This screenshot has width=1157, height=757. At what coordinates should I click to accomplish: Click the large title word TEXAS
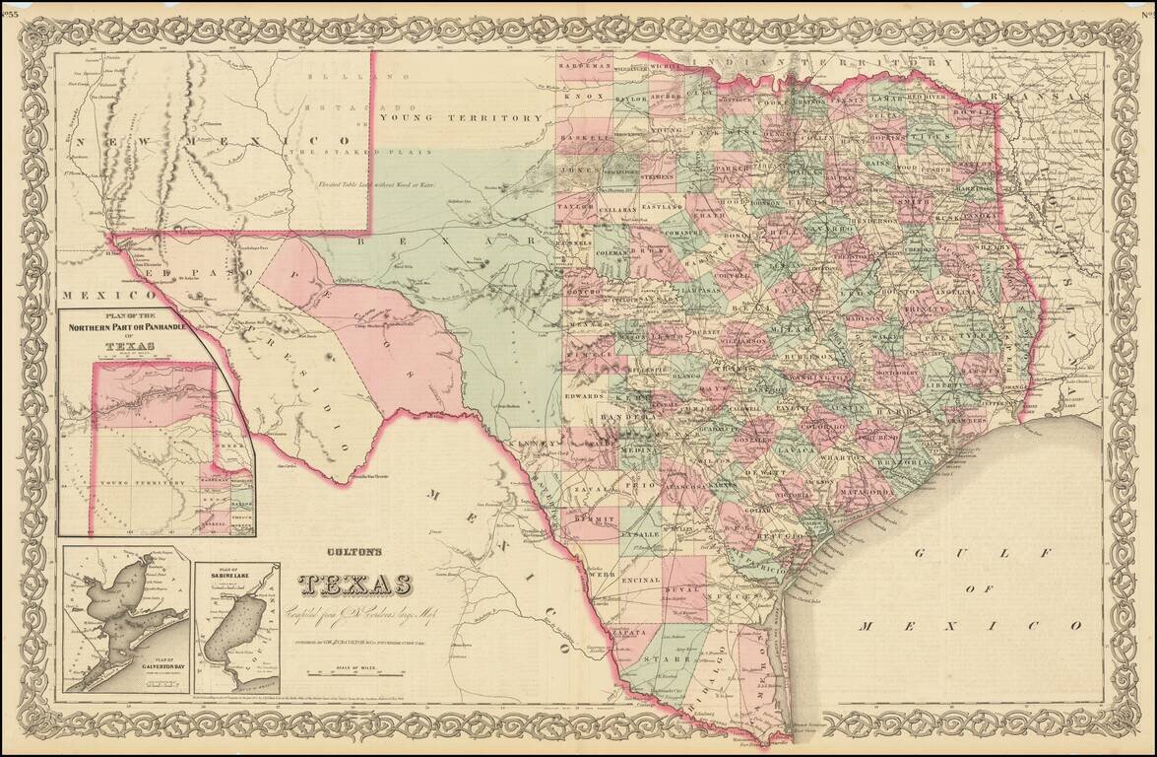pyautogui.click(x=355, y=585)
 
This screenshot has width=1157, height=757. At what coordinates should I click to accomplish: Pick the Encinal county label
pyautogui.click(x=641, y=581)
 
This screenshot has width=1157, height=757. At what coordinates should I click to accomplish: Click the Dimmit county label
pyautogui.click(x=599, y=516)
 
